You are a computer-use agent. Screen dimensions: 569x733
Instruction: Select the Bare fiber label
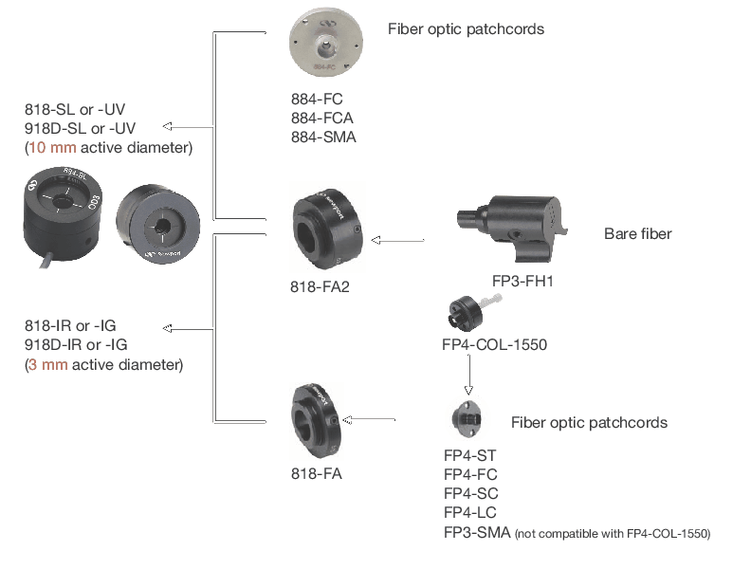tap(637, 233)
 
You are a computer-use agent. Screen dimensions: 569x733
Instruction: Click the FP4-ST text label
tap(469, 455)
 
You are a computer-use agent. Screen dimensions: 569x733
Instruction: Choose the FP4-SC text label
tap(470, 494)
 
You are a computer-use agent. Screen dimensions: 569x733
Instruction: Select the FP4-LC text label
tap(470, 513)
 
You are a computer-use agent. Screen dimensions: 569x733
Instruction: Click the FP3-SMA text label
tap(477, 533)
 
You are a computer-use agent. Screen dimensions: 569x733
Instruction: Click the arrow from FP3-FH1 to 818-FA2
tap(397, 240)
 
